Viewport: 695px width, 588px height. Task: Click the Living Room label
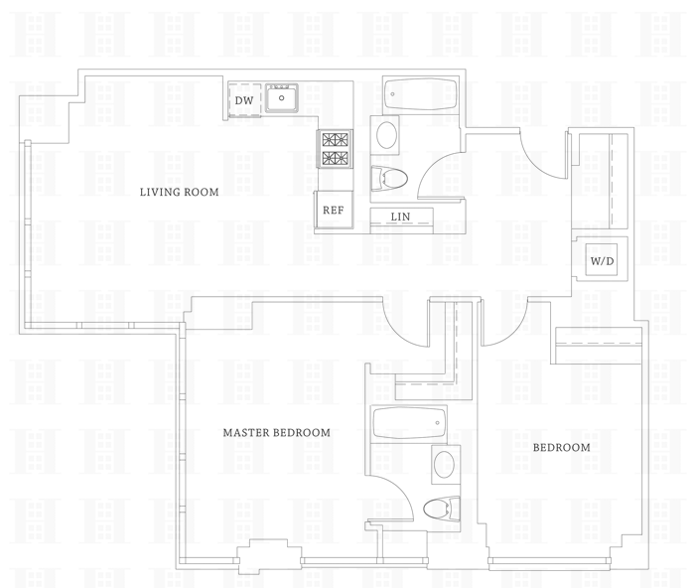[x=179, y=193]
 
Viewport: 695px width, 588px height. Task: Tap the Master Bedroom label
[x=276, y=433]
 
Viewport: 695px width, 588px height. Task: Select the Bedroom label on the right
[x=561, y=448]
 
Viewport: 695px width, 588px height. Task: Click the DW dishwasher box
[x=244, y=100]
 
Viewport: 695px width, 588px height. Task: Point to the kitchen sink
[x=283, y=98]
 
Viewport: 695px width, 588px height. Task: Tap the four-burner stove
[x=335, y=149]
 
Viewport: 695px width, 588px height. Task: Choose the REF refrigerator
[x=333, y=210]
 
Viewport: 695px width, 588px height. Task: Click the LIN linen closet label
[x=400, y=218]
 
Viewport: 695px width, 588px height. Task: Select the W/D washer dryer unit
[x=602, y=261]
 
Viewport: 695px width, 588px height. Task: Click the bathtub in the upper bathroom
[x=419, y=96]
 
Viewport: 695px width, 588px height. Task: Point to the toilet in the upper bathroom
[x=389, y=179]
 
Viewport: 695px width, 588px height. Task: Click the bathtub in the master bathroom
[x=410, y=424]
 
